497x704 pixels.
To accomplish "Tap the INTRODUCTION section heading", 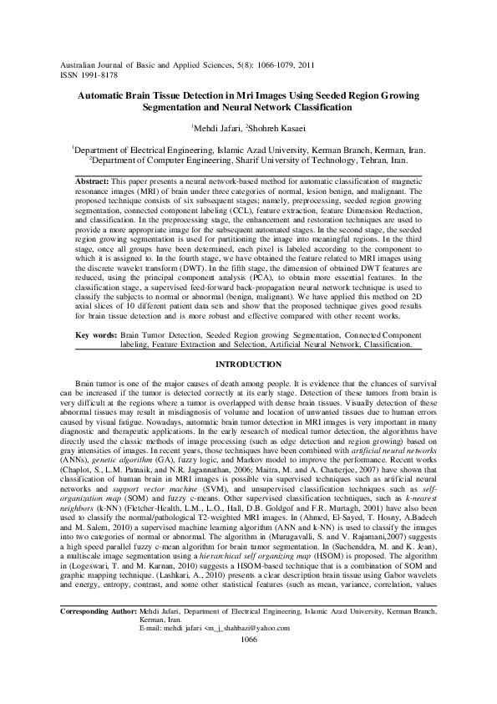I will tap(248, 365).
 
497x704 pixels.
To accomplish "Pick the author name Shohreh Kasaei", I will tap(272, 128).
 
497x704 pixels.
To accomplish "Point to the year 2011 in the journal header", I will tap(307, 64).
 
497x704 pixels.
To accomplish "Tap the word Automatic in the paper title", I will tap(107, 97).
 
